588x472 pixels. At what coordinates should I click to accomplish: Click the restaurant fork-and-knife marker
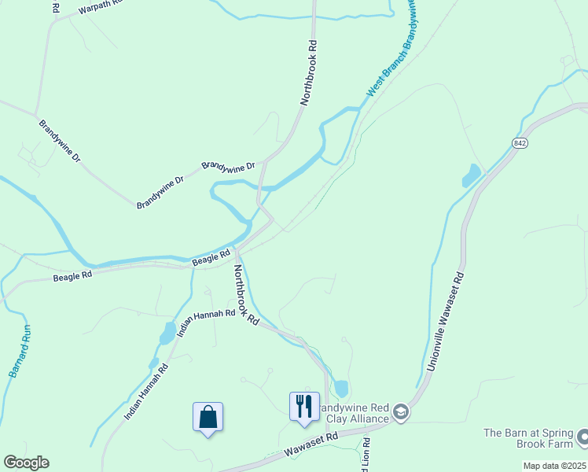click(x=304, y=407)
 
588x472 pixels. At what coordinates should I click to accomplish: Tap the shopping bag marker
click(x=208, y=417)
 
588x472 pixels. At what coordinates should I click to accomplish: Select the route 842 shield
click(x=519, y=142)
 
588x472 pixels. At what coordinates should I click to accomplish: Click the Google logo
click(x=26, y=463)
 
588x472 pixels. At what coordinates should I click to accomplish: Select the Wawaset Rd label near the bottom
click(x=311, y=443)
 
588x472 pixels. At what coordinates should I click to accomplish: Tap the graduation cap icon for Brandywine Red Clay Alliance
click(x=401, y=412)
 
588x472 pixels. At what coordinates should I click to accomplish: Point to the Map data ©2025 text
click(x=554, y=466)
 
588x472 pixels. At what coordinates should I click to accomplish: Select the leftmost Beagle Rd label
click(x=72, y=275)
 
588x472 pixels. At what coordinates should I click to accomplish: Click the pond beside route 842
click(x=471, y=175)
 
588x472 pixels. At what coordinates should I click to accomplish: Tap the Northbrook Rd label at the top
click(x=311, y=74)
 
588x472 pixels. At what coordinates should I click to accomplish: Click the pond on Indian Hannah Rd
click(x=167, y=333)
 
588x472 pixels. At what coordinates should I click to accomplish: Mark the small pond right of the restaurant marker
click(x=341, y=388)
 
